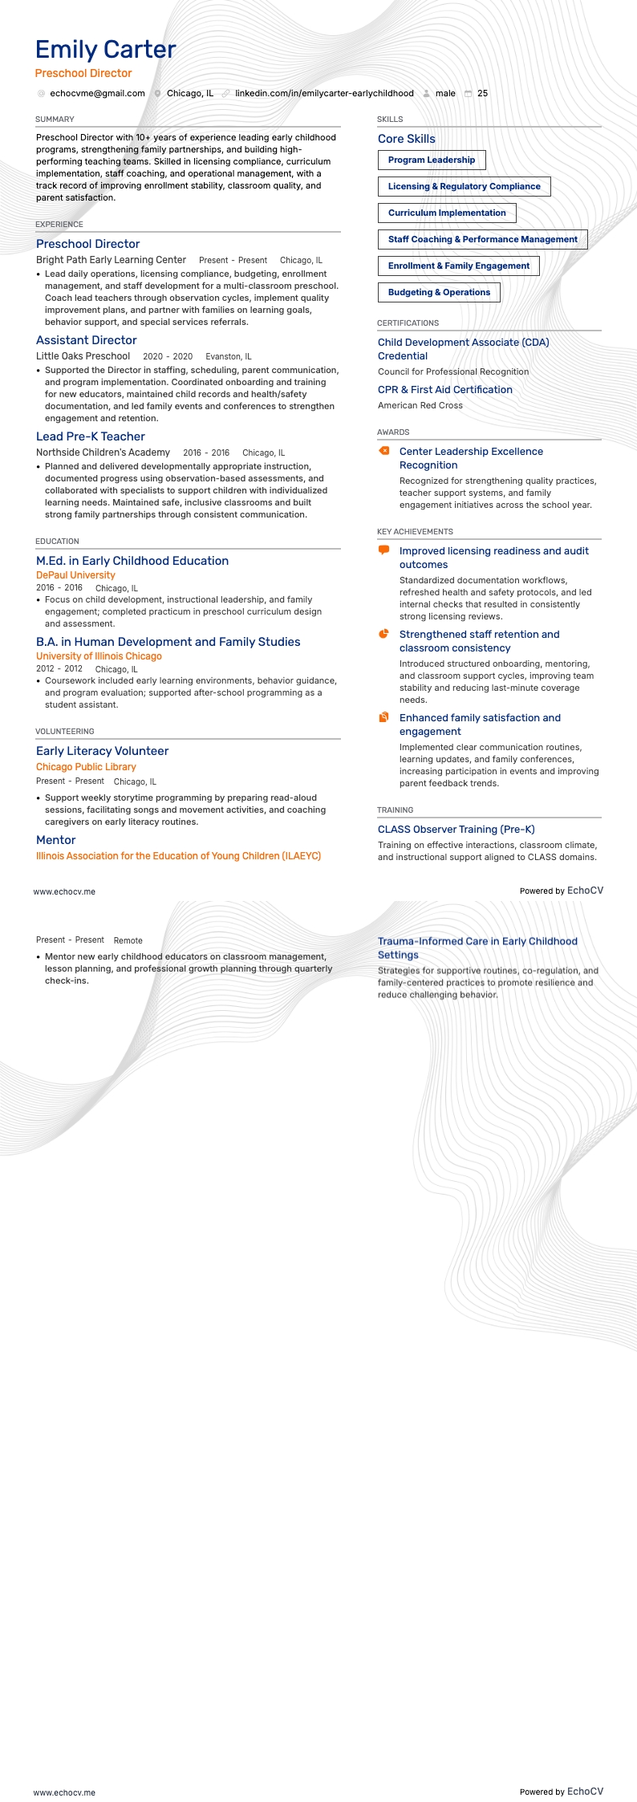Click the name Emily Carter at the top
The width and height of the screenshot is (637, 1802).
tap(105, 50)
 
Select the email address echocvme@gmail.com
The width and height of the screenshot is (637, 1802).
tap(97, 93)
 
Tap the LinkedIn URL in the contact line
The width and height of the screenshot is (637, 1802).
tap(324, 93)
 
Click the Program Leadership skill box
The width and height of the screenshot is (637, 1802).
tap(432, 160)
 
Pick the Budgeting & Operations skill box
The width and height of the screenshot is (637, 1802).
tap(439, 292)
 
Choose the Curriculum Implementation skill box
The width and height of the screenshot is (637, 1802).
tap(447, 213)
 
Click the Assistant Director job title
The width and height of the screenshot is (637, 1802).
tap(87, 340)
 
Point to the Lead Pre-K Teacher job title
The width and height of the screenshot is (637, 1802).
tap(91, 436)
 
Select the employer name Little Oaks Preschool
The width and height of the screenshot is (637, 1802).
tap(83, 356)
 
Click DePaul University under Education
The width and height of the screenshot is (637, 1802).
tap(75, 575)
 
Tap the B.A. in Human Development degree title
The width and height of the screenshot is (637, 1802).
tap(168, 642)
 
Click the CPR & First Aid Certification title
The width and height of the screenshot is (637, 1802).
tap(445, 390)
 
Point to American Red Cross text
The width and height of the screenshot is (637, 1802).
tap(420, 405)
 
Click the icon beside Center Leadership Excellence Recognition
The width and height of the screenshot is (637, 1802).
tap(384, 451)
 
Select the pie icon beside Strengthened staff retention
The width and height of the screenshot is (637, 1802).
tap(384, 634)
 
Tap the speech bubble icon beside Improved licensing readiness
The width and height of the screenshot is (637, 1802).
tap(384, 550)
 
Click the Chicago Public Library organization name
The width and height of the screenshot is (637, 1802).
tap(86, 767)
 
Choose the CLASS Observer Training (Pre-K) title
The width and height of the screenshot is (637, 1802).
tap(456, 830)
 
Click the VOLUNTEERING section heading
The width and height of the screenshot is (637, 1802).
tap(65, 732)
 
